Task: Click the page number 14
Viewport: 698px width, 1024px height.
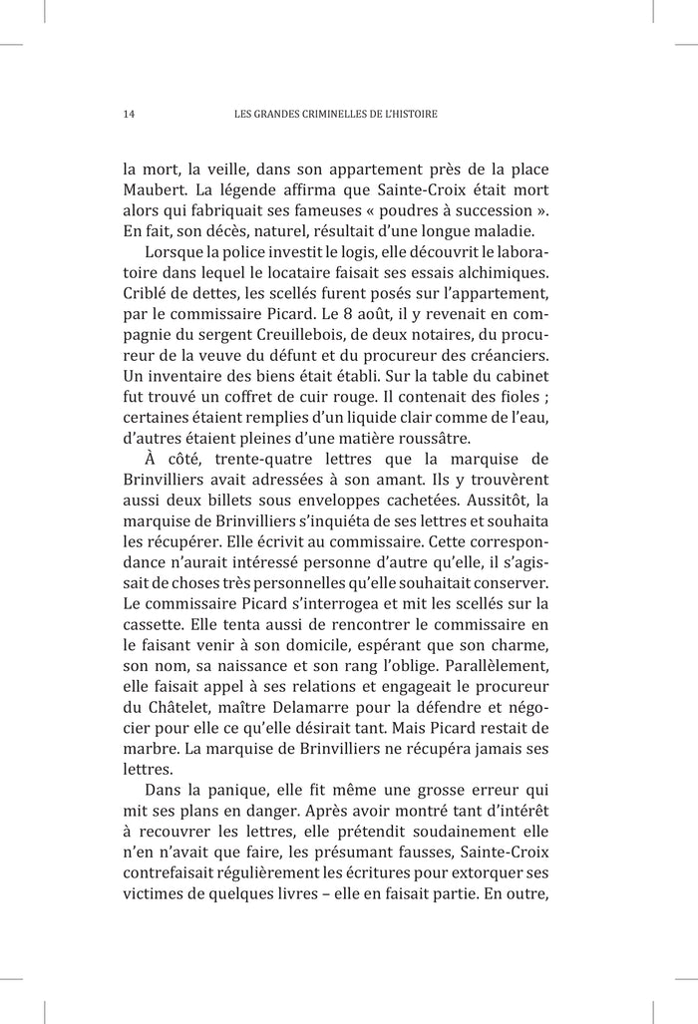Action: tap(129, 114)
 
